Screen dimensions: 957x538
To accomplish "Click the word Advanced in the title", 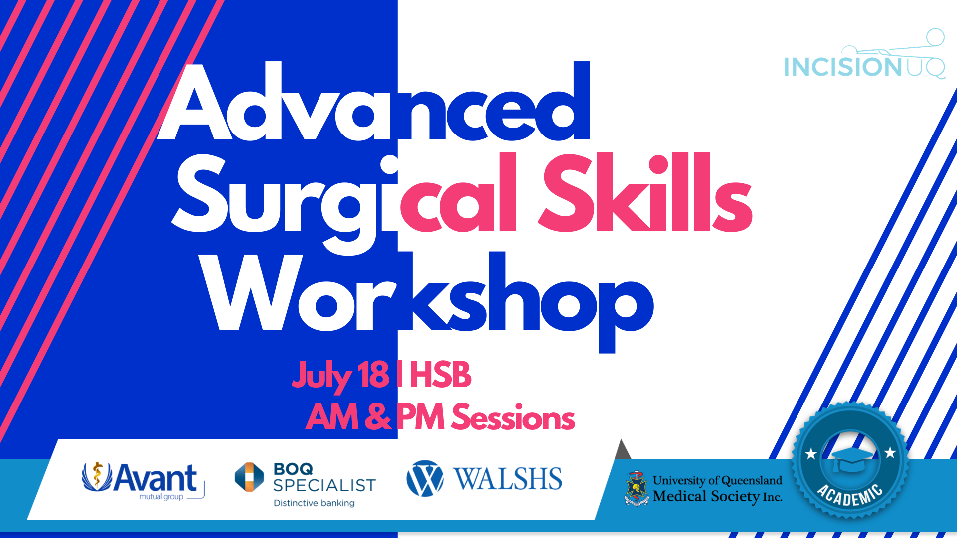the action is [x=374, y=102].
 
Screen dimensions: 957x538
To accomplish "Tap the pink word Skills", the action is [x=645, y=192].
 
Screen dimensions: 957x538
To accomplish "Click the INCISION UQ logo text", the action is [x=864, y=67].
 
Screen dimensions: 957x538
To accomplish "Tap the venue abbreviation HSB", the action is [x=440, y=375].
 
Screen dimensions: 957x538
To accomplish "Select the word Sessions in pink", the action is [x=513, y=417].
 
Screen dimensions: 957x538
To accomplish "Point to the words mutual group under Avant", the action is [x=161, y=497].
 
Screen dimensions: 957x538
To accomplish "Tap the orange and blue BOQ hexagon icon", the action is [x=249, y=477].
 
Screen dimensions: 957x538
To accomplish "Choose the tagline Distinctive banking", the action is [x=314, y=503].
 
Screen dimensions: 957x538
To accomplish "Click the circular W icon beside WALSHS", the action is [x=425, y=478].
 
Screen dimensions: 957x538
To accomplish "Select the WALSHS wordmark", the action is [x=507, y=479].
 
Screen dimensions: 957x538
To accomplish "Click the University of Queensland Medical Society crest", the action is [x=637, y=488].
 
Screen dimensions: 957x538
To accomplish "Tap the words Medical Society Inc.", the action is [x=717, y=496].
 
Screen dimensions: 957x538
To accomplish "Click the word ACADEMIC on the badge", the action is [x=850, y=495].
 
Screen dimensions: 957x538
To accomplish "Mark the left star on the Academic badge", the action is [x=811, y=454].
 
